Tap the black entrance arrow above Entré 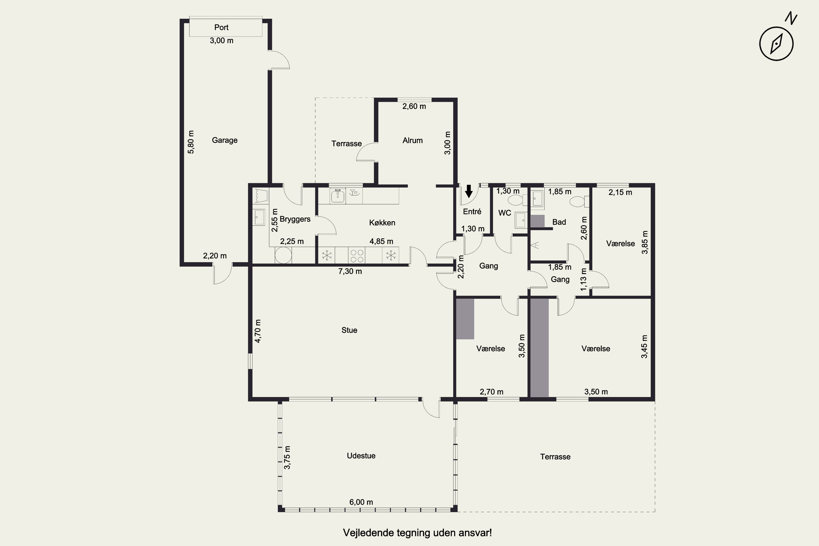pos(469,191)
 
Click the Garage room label pos(225,140)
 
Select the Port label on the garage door pos(221,27)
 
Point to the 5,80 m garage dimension pos(191,142)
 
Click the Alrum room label pos(413,140)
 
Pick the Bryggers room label pos(295,219)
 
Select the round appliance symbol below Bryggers pos(283,256)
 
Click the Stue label pos(349,330)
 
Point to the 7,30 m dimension pos(350,271)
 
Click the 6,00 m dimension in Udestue pos(361,502)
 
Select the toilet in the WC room pos(516,200)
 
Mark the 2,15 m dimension pos(620,192)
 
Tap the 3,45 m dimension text pos(644,346)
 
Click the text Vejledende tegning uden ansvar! pos(417,533)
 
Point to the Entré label pos(472,211)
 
